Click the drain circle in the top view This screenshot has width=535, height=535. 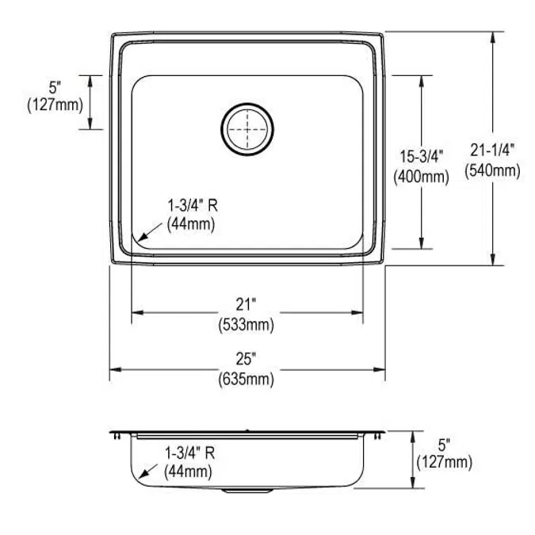247,127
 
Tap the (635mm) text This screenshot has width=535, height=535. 246,380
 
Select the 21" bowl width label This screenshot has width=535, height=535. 246,304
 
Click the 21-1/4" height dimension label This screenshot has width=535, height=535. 492,149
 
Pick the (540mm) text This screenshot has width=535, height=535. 492,169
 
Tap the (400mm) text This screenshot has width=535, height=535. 420,176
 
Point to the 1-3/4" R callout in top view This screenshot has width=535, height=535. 192,206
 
